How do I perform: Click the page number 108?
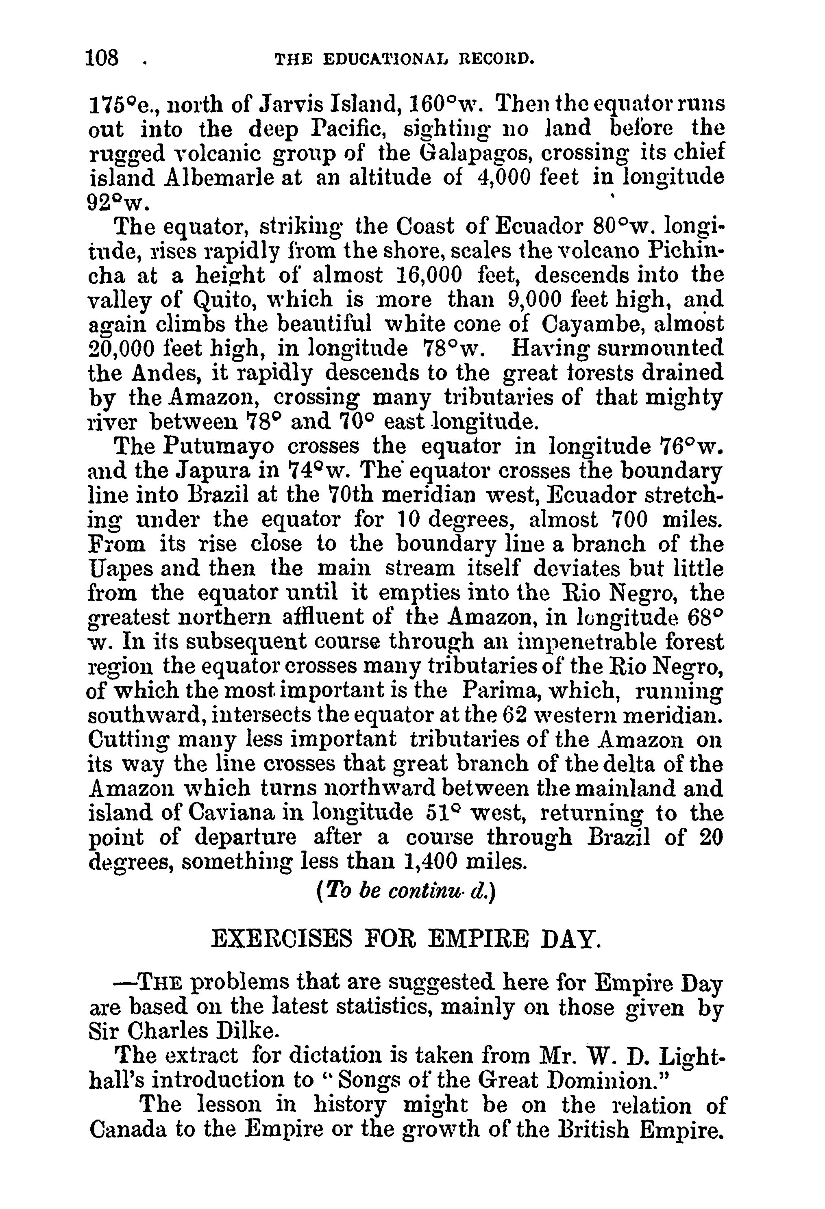coord(104,57)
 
